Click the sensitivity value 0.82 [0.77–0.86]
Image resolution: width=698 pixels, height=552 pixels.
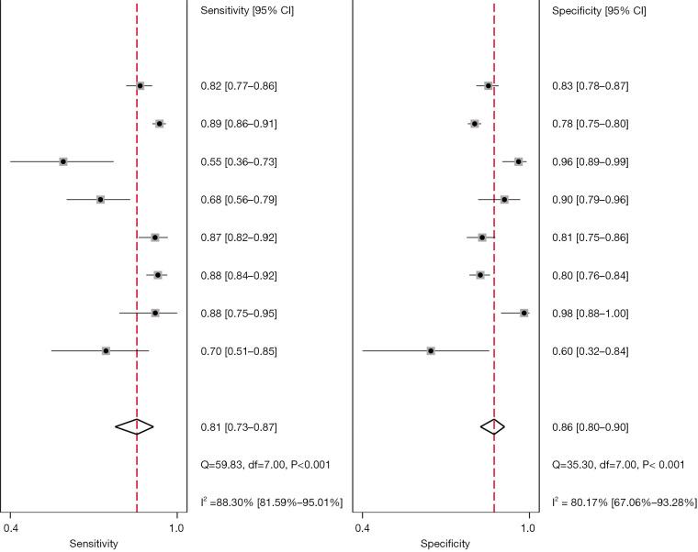pyautogui.click(x=239, y=86)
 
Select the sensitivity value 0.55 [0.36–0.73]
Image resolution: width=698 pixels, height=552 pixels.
pyautogui.click(x=239, y=162)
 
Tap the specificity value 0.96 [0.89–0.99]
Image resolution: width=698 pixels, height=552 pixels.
pyautogui.click(x=590, y=162)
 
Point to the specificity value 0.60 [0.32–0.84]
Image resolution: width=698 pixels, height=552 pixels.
pyautogui.click(x=590, y=352)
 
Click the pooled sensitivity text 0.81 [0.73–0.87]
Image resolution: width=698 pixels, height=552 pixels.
pyautogui.click(x=239, y=428)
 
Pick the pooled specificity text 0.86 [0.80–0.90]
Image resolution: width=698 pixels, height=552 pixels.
pyautogui.click(x=590, y=428)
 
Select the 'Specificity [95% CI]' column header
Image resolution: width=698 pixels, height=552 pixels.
pyautogui.click(x=599, y=11)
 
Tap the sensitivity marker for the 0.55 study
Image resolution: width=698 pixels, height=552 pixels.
pyautogui.click(x=63, y=161)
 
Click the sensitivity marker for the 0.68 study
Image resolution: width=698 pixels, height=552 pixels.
pyautogui.click(x=100, y=200)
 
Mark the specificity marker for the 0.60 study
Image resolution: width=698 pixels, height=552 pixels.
pyautogui.click(x=431, y=351)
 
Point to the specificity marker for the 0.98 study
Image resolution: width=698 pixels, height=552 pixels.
pyautogui.click(x=524, y=314)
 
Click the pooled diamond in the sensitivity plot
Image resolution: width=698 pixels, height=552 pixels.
pyautogui.click(x=135, y=426)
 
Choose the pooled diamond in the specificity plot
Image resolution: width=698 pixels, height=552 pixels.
pyautogui.click(x=493, y=426)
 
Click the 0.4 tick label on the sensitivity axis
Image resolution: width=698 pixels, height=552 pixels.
pyautogui.click(x=11, y=527)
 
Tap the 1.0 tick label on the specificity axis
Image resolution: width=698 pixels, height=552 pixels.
pyautogui.click(x=529, y=527)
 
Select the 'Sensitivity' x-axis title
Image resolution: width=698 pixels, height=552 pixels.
pyautogui.click(x=95, y=544)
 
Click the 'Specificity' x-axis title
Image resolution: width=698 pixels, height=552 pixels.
pyautogui.click(x=445, y=544)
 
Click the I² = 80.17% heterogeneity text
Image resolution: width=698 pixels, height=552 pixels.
pyautogui.click(x=624, y=503)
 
